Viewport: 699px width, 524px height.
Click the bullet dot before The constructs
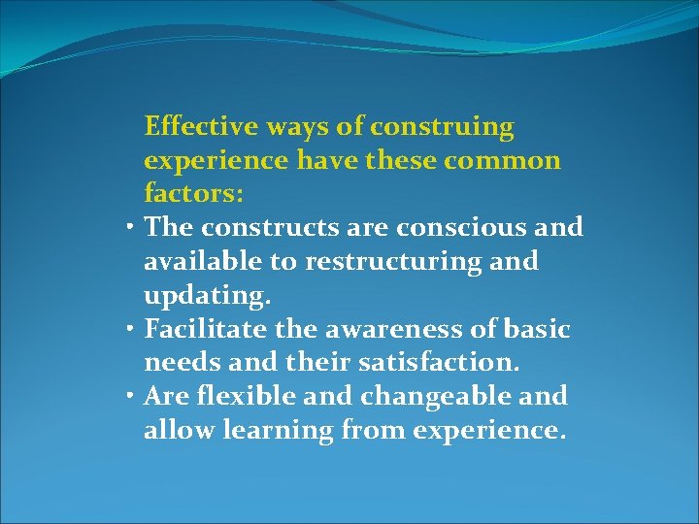(x=130, y=229)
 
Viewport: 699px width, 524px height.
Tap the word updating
(x=198, y=295)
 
